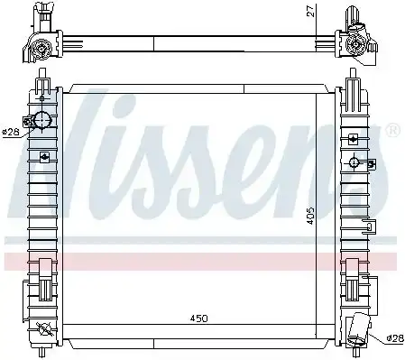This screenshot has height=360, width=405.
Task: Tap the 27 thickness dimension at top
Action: click(x=308, y=10)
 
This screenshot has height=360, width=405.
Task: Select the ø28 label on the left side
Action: click(x=10, y=132)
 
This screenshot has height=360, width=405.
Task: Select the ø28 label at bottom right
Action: click(x=393, y=337)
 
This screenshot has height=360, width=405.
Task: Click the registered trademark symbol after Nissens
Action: click(x=391, y=131)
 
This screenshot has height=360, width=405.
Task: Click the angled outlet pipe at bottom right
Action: click(x=362, y=328)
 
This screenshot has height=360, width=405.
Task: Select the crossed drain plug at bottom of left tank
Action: click(x=42, y=327)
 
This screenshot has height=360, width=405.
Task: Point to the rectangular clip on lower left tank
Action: click(x=42, y=267)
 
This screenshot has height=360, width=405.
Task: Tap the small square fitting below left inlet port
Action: click(x=42, y=156)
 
